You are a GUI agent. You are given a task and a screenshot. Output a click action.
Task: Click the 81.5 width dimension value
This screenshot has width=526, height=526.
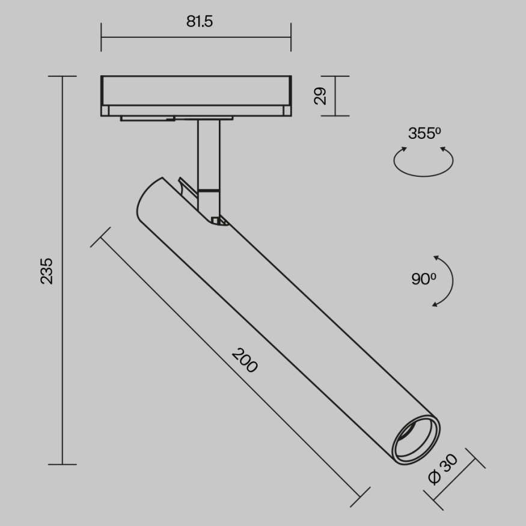[199, 22]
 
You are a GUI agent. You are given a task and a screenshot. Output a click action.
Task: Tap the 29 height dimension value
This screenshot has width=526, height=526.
[320, 96]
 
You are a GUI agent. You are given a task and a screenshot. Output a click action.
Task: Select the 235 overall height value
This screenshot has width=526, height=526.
[47, 271]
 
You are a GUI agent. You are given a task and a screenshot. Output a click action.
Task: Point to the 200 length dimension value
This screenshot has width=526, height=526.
[245, 360]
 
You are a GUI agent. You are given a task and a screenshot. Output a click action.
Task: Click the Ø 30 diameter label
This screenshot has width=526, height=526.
[442, 469]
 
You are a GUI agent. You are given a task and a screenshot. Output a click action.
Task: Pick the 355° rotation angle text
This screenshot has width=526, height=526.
[424, 133]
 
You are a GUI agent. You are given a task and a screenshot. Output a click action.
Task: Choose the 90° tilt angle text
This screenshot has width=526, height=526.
[423, 279]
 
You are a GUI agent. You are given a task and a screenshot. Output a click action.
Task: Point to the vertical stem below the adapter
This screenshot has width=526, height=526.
[208, 153]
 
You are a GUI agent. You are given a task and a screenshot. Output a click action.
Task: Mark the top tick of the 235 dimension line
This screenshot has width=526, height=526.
[62, 76]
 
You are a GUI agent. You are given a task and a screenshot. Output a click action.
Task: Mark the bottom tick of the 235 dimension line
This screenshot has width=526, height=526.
[62, 464]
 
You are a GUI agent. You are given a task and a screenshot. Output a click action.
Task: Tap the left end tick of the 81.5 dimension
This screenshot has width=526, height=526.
[101, 37]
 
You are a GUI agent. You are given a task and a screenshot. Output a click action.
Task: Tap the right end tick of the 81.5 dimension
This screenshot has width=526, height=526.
[291, 37]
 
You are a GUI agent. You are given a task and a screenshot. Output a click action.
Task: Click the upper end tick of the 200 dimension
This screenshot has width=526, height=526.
[101, 237]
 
